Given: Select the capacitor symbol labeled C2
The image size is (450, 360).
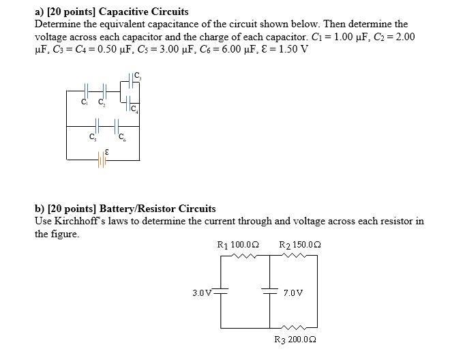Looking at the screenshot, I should coord(102,90).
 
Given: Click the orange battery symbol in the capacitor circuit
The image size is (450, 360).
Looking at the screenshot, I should coord(102,161).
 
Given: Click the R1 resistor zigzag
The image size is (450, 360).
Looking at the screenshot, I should coord(243,256).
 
